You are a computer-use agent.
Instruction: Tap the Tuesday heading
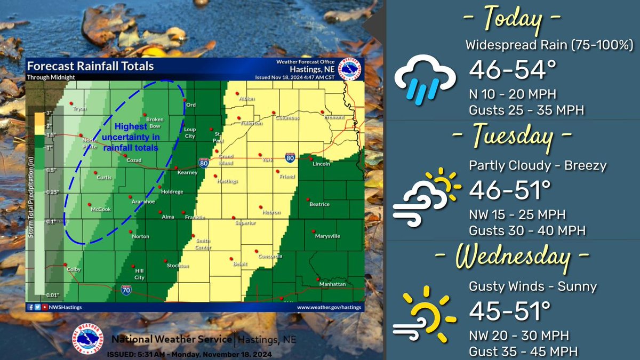(511, 137)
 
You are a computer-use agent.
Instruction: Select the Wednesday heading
(511, 257)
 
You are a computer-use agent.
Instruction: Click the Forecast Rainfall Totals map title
(91, 67)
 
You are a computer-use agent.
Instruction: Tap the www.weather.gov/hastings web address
(329, 308)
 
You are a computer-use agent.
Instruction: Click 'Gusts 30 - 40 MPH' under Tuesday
(527, 231)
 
